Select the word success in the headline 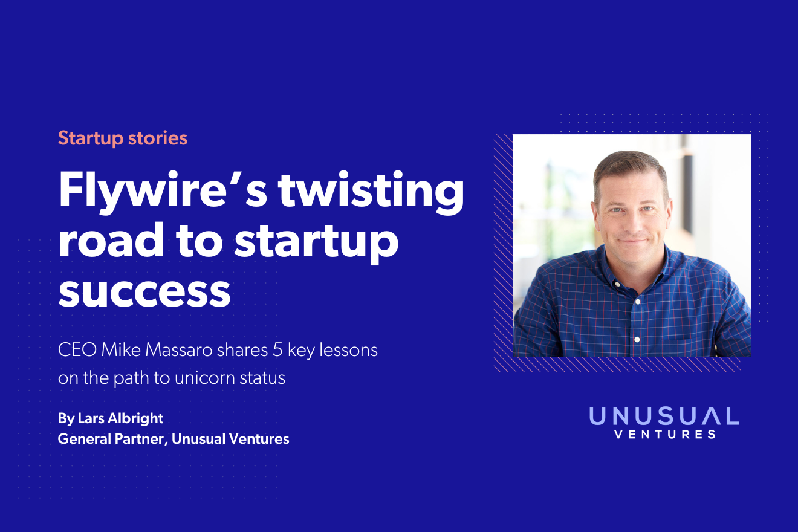tap(144, 291)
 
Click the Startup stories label tap(123, 138)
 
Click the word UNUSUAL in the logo tap(663, 417)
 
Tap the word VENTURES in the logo tap(664, 434)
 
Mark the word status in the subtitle tap(262, 378)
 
